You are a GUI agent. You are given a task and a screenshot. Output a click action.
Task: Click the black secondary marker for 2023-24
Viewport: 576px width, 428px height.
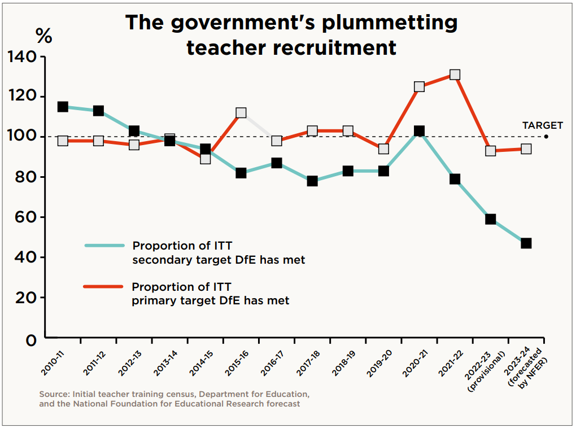pos(526,243)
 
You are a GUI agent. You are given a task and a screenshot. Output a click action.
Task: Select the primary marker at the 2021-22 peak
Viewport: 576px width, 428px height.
pos(455,75)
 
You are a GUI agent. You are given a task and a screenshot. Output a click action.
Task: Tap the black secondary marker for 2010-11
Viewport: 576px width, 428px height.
pos(63,107)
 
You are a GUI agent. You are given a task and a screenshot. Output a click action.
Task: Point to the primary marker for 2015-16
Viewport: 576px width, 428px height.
pos(241,113)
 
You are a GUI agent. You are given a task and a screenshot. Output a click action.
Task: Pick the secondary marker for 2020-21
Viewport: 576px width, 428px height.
pos(419,131)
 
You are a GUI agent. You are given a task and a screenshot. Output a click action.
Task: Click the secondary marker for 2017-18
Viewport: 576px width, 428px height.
pos(312,181)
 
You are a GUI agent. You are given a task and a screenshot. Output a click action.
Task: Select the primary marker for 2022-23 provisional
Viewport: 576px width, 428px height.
pos(490,151)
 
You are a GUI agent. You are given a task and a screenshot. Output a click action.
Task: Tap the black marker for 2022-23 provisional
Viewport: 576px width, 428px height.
pos(490,219)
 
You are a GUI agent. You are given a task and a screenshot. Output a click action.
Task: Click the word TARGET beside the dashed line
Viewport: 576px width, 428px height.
pos(542,125)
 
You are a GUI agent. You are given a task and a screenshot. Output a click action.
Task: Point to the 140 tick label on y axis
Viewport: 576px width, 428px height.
pos(21,56)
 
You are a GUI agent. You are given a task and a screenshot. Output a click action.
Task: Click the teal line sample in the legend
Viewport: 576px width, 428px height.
pos(104,246)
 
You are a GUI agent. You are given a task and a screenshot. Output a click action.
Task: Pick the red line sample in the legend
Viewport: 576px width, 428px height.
pos(104,286)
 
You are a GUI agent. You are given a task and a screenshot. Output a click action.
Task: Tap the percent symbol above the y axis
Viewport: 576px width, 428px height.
pos(43,36)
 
